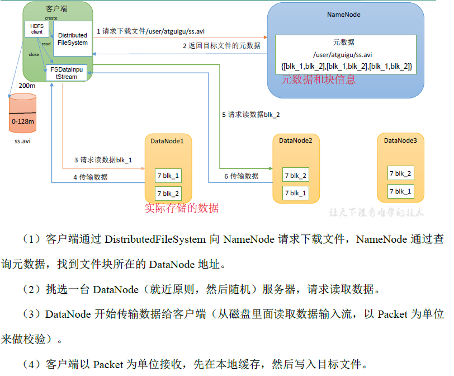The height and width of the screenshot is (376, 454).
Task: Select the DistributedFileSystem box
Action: pos(72,39)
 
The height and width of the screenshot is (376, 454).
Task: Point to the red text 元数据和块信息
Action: pos(318,79)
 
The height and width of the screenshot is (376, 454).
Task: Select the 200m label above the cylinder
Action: pos(27,86)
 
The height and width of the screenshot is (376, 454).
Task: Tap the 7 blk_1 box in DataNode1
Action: pos(168,176)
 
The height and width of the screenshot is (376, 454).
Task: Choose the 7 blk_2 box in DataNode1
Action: pos(168,194)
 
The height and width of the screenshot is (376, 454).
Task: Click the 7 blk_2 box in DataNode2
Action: pos(296,176)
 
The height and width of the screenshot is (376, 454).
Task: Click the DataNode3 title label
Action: pos(400,140)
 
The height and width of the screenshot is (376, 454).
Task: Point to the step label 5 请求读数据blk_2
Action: pos(251,114)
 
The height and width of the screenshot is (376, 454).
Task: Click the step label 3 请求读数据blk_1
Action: pos(103,159)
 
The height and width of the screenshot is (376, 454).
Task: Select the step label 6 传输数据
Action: pos(242,176)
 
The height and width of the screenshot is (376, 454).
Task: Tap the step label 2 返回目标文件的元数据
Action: pos(221,46)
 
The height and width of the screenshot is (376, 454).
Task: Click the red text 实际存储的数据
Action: pos(181,208)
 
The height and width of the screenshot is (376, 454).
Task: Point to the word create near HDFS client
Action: pos(51,18)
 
